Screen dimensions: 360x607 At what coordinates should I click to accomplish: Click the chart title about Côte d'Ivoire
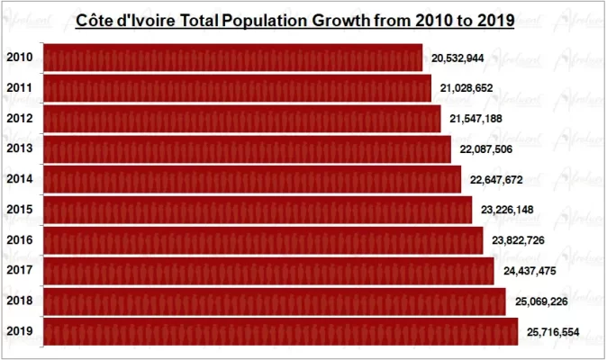coord(294,21)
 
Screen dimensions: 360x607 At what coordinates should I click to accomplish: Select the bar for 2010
coord(232,58)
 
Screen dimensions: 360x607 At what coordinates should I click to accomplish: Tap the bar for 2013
coord(247,148)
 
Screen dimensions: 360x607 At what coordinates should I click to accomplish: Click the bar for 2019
coord(280,331)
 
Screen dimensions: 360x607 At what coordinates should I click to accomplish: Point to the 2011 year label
coord(20,88)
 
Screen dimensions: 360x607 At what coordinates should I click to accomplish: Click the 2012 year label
coord(20,119)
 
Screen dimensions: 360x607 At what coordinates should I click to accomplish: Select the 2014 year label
coord(20,179)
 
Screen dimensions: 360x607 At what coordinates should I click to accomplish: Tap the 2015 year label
coord(20,210)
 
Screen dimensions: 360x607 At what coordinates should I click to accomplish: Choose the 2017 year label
coord(20,270)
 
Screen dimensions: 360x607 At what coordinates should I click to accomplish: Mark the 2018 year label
coord(20,301)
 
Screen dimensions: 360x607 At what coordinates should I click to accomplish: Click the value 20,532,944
coord(458,58)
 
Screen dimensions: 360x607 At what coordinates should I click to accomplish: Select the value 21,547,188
coord(476,119)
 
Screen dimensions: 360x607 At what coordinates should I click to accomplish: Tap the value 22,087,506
coord(486,149)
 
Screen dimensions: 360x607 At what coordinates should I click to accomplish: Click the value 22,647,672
coord(496,180)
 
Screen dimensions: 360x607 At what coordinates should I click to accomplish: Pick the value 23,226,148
coord(507,211)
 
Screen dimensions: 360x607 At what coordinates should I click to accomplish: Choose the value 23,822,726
coord(518,240)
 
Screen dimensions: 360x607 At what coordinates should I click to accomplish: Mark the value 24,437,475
coord(529,271)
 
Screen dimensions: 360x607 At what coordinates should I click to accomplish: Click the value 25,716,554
coord(552,332)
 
